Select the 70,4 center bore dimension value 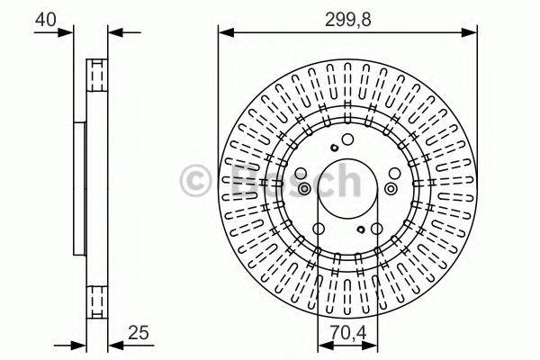point(347,331)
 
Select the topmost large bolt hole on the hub point(347,139)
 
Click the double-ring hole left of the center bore point(304,188)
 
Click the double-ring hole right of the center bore point(391,188)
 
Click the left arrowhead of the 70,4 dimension point(323,345)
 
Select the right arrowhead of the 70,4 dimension point(372,345)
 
